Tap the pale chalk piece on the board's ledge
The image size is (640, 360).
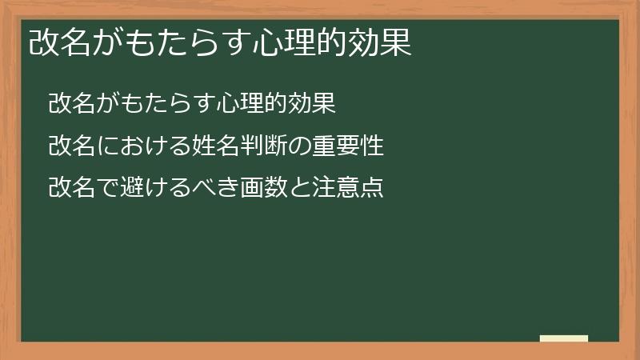click(x=563, y=338)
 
